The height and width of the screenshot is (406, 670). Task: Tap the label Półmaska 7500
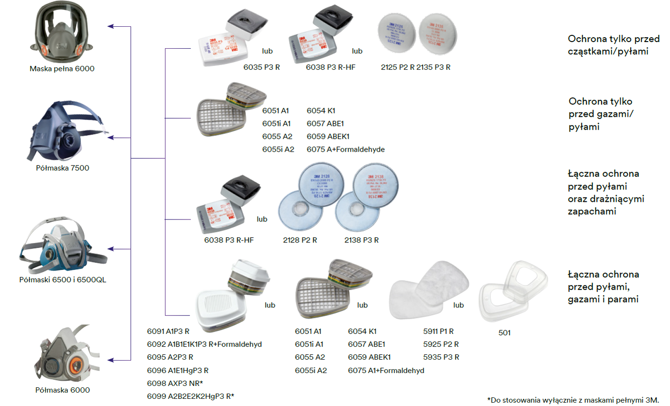click(63, 168)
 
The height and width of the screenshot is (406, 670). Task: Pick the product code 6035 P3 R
click(261, 67)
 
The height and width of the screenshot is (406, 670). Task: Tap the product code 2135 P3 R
click(433, 67)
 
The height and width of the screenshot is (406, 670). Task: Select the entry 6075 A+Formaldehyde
click(346, 149)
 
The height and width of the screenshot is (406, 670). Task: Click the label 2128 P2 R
click(300, 240)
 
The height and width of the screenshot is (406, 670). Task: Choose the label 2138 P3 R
click(361, 240)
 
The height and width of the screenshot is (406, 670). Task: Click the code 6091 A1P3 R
click(168, 331)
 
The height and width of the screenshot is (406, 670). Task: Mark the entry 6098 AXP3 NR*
click(175, 383)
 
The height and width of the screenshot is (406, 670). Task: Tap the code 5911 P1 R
click(438, 331)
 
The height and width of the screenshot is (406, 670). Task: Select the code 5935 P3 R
click(441, 357)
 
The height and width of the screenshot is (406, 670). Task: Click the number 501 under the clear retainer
click(504, 333)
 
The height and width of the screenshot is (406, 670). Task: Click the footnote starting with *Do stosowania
click(573, 399)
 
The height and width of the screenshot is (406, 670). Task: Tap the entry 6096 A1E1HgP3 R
click(178, 370)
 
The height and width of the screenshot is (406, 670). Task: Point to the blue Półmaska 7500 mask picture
click(67, 132)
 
